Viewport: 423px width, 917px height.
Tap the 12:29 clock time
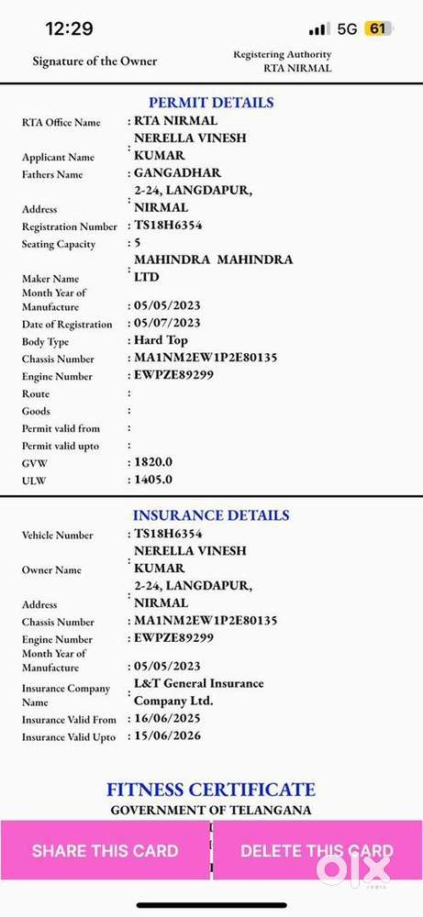coord(69,28)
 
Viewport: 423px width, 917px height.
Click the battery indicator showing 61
coord(377,28)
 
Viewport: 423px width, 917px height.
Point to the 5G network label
coord(347,28)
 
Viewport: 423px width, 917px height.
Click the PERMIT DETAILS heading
coord(211,103)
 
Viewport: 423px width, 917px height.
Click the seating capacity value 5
coord(138,243)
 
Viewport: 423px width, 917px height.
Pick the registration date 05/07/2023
coord(168,323)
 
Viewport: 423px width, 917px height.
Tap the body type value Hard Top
coord(161,340)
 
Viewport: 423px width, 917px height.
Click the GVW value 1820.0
coord(153,462)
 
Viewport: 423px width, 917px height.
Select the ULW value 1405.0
coord(153,479)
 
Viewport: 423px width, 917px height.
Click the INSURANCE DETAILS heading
coord(211,515)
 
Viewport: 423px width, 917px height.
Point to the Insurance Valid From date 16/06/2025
coord(168,719)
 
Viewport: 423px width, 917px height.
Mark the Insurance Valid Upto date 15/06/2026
coord(168,735)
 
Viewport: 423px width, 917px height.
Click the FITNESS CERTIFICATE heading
coord(211,790)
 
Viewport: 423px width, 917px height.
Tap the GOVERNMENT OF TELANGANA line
coord(211,810)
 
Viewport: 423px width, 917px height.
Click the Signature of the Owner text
coord(95,61)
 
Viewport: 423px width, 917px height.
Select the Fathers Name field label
coord(52,174)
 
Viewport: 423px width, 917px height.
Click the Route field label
coord(36,393)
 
